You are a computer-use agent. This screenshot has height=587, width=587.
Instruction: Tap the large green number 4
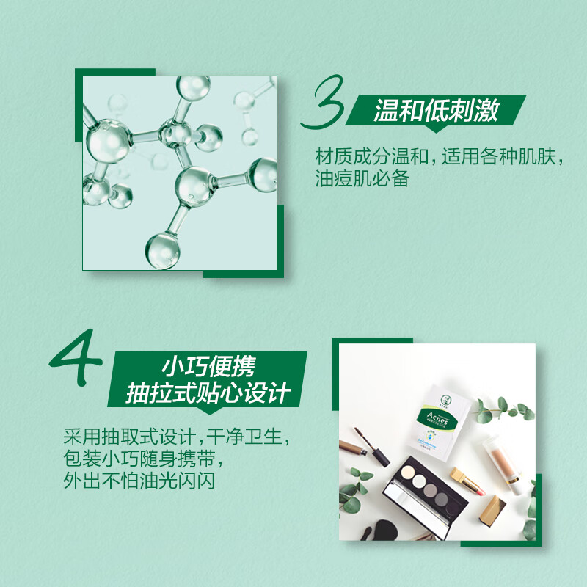pyautogui.click(x=76, y=360)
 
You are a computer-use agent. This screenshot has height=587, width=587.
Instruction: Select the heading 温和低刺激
pyautogui.click(x=436, y=110)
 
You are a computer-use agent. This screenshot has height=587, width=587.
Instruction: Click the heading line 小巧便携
pyautogui.click(x=208, y=365)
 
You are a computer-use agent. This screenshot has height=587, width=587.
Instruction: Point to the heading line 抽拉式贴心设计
pyautogui.click(x=207, y=393)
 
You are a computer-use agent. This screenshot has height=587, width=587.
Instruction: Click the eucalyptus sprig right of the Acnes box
pyautogui.click(x=499, y=409)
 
